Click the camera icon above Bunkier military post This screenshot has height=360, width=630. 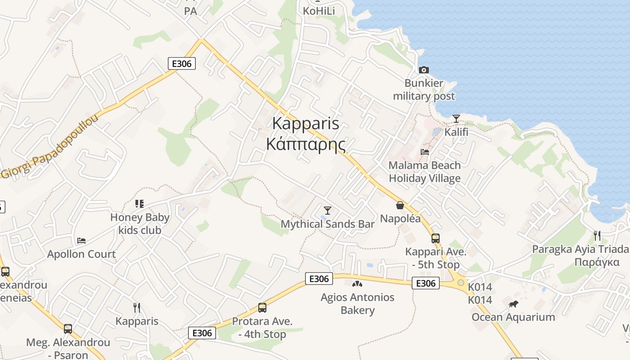[x=423, y=70]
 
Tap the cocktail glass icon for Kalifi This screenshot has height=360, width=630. [x=456, y=119]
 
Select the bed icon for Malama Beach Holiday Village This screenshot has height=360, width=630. [x=424, y=152]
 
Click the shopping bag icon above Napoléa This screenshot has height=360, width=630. [x=400, y=206]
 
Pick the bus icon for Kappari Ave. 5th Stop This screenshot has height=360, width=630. [x=435, y=238]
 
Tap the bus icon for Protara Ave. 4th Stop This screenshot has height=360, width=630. [x=262, y=308]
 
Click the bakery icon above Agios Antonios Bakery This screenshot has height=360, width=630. [x=357, y=284]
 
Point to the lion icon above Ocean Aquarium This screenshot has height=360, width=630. [x=513, y=304]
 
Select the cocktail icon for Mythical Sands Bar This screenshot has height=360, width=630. [x=328, y=210]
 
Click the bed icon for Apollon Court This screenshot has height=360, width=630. [x=81, y=240]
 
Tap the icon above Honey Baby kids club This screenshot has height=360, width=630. [x=139, y=204]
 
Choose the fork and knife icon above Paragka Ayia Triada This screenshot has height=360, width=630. [x=597, y=235]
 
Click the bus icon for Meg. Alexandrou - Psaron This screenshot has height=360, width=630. [x=67, y=329]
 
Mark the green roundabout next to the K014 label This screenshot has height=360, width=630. [x=460, y=283]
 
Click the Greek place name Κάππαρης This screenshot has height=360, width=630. [x=306, y=145]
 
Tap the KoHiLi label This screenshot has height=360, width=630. [x=319, y=11]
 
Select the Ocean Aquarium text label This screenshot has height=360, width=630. [x=513, y=317]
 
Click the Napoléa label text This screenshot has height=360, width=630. [x=400, y=219]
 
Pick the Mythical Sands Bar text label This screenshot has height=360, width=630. [x=328, y=224]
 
